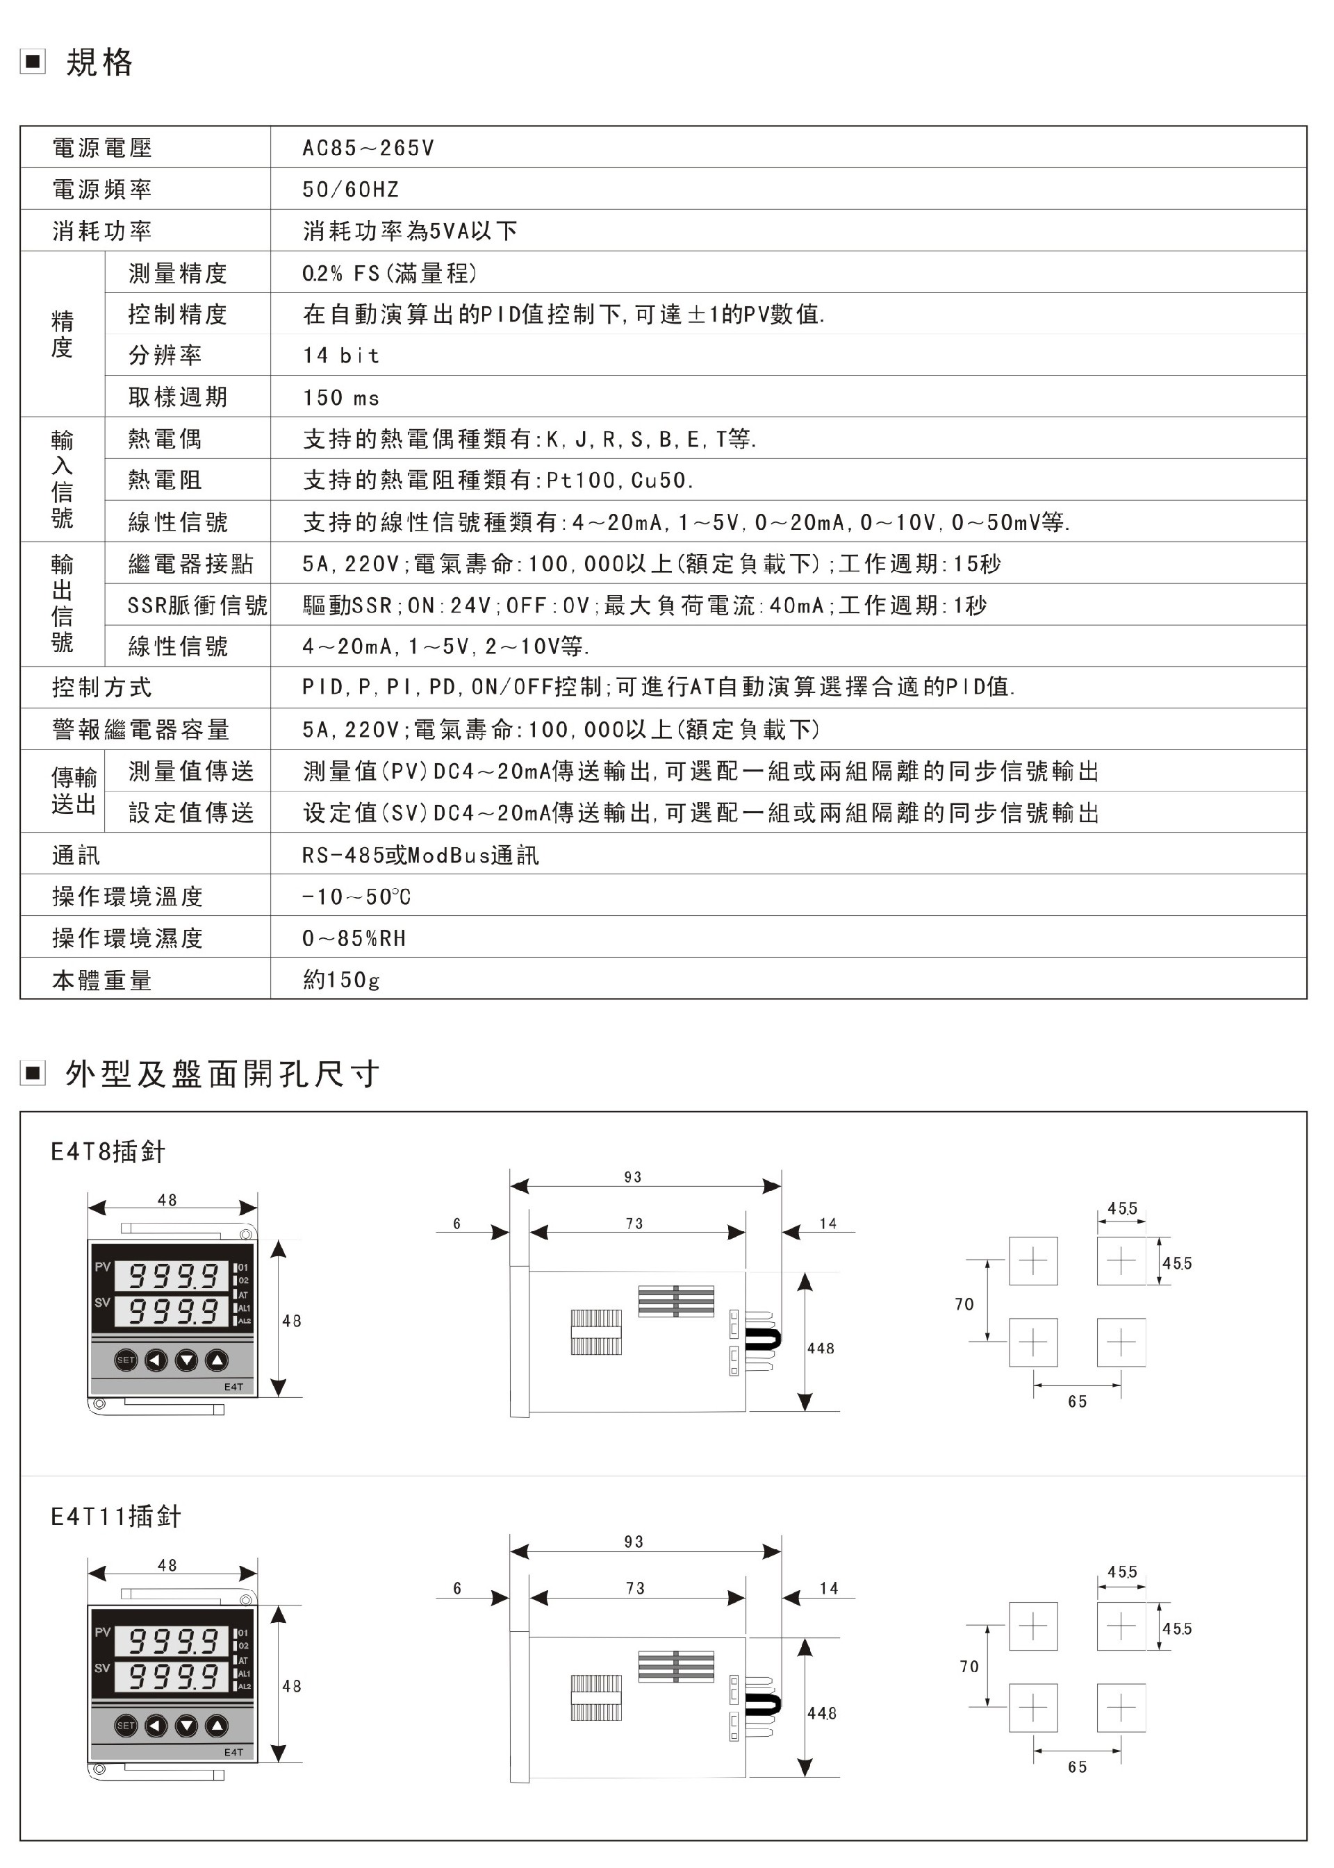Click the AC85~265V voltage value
tap(368, 148)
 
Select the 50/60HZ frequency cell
tap(350, 190)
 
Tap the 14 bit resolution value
tap(341, 356)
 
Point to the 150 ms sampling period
tap(341, 397)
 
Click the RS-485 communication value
tap(420, 856)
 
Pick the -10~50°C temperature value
tap(356, 897)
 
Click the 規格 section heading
tap(99, 62)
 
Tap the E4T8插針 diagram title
tap(108, 1151)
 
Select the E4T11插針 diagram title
tap(116, 1517)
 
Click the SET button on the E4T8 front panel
tap(126, 1360)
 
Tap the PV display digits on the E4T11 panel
tap(173, 1642)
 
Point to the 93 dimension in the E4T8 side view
tap(632, 1176)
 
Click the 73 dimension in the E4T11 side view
tap(635, 1589)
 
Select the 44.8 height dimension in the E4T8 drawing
tap(820, 1349)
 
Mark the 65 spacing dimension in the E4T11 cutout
tap(1077, 1767)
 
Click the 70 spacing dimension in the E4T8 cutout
tap(964, 1304)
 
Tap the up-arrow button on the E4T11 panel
tap(216, 1726)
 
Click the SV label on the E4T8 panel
tap(102, 1301)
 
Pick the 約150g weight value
tap(341, 980)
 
